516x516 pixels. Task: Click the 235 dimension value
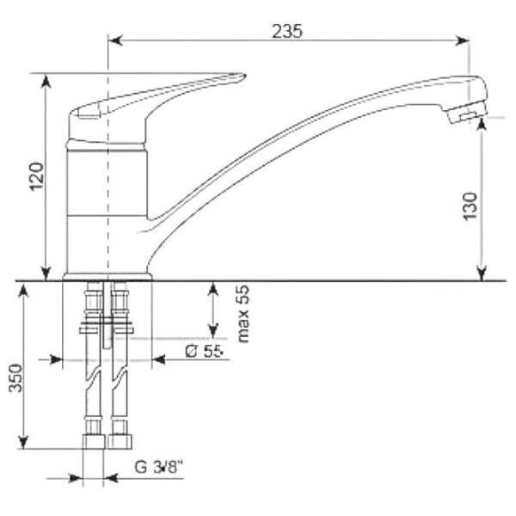[286, 32]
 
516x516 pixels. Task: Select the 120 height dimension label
[37, 176]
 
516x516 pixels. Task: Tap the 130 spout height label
[470, 206]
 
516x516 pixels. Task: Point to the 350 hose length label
[15, 378]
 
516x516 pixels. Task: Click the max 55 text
[243, 314]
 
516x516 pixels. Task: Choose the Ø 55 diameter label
[204, 351]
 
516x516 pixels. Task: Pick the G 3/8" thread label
[158, 467]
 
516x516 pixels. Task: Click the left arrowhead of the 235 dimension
[115, 40]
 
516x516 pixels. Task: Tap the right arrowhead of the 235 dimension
[462, 40]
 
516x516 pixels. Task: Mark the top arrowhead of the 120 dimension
[46, 81]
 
